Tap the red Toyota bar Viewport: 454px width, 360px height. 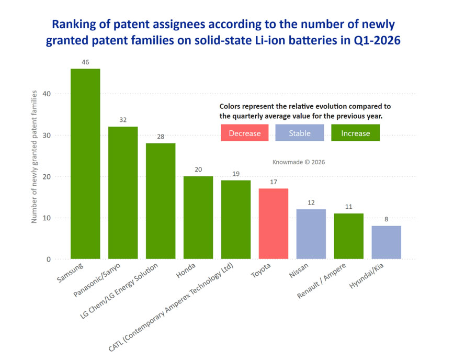[x=274, y=223]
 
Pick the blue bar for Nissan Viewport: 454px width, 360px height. [x=311, y=234]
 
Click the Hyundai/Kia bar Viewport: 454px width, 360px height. [x=387, y=242]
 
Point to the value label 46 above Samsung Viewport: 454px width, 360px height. [x=85, y=62]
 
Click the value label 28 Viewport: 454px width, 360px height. [x=161, y=137]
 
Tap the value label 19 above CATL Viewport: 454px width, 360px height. [x=236, y=174]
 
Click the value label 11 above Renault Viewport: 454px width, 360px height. [x=349, y=207]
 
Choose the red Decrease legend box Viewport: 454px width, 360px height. [x=244, y=133]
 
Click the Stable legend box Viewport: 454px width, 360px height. [x=300, y=133]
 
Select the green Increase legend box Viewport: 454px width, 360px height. [x=356, y=133]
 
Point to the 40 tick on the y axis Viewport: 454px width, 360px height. [x=47, y=94]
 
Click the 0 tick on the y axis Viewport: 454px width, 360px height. [x=49, y=259]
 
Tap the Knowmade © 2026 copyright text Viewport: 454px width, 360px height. [x=299, y=162]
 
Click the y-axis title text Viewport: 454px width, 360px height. [x=34, y=157]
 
